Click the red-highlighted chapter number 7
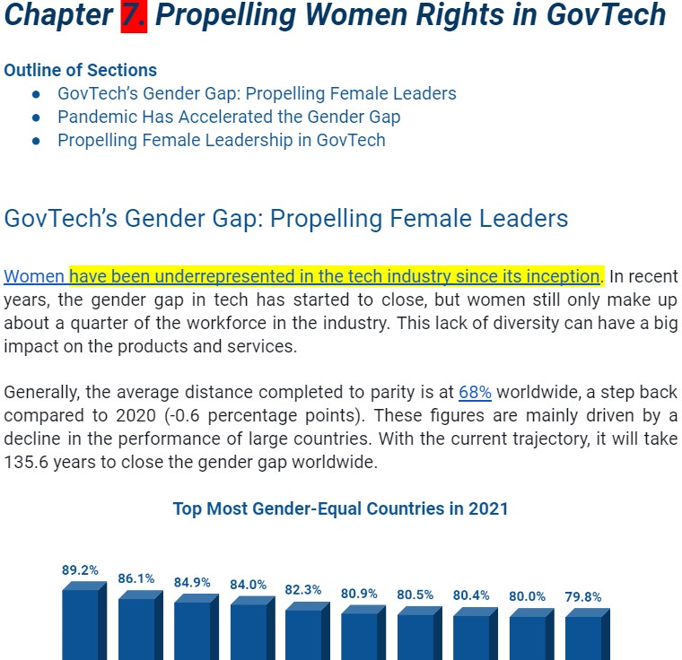click(133, 15)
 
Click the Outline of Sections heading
click(80, 70)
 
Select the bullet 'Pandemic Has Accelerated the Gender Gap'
click(229, 117)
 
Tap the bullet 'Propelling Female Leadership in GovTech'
click(222, 140)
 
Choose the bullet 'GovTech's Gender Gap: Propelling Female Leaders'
click(257, 93)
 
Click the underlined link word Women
click(34, 276)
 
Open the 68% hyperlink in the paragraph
click(475, 393)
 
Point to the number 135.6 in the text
click(25, 463)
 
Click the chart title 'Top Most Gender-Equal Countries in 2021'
click(340, 509)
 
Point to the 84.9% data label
click(193, 582)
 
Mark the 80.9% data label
click(359, 594)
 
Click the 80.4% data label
click(471, 595)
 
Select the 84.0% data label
click(248, 585)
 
